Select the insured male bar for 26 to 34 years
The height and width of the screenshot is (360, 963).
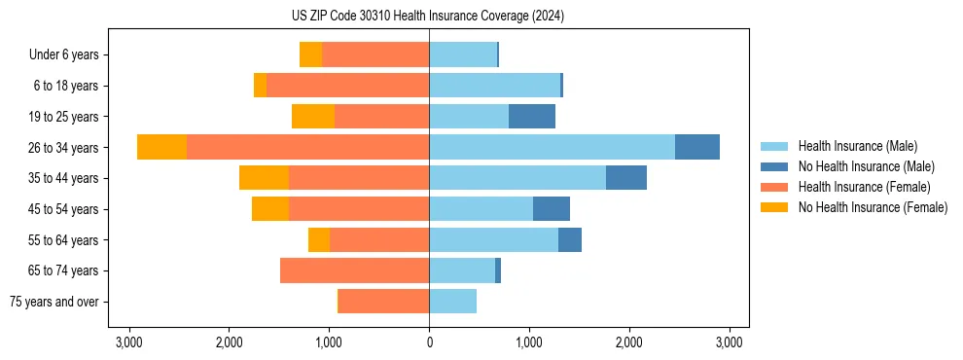point(552,147)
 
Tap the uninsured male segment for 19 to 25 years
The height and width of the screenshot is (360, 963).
point(531,117)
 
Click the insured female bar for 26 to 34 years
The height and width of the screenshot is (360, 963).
point(307,147)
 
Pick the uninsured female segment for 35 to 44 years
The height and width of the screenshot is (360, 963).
point(264,178)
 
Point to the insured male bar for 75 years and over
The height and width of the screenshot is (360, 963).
point(452,302)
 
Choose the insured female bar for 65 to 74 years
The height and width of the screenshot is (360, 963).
point(354,270)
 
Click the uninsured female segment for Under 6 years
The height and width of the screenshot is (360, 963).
point(310,54)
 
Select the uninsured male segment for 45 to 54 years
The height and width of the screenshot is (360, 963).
point(551,209)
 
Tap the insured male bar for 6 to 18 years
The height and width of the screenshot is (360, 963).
point(494,86)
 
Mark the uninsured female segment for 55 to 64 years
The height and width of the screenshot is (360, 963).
point(318,239)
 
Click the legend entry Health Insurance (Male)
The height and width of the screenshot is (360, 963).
point(857,146)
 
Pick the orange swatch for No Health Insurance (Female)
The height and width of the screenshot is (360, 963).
point(773,207)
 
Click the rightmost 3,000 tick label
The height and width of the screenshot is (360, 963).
point(730,342)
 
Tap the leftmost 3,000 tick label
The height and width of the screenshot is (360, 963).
point(128,342)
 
